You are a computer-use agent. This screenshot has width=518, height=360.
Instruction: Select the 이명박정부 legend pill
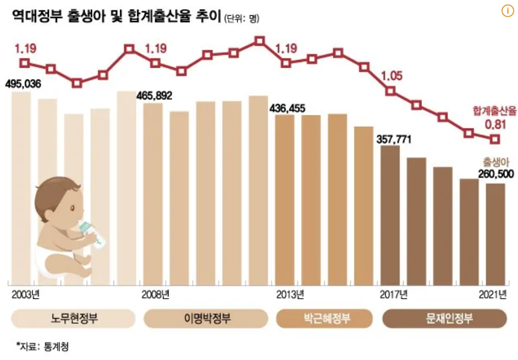coord(206,318)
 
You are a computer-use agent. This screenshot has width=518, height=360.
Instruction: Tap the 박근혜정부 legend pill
coord(327,318)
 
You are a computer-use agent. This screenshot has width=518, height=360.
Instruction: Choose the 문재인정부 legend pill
coord(444,318)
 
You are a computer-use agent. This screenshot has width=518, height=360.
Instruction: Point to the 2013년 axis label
coord(290,294)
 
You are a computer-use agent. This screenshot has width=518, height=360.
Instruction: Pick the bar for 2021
coord(496,234)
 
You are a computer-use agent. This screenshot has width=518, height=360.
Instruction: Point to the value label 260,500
coord(494,173)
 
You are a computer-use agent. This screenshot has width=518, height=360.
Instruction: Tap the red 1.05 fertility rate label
coord(391,75)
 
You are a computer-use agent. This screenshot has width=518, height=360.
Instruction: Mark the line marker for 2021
coord(495,139)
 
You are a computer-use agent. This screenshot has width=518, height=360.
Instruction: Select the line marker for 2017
coord(390,91)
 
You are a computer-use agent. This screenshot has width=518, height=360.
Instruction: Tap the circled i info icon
coord(507,11)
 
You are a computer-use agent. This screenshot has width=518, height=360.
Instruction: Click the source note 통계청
coord(56,347)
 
